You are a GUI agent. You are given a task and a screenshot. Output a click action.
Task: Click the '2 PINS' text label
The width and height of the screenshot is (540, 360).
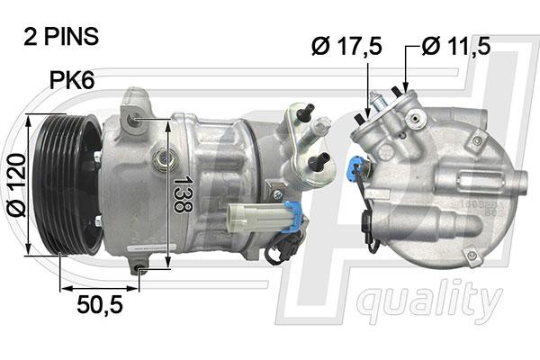[61, 37]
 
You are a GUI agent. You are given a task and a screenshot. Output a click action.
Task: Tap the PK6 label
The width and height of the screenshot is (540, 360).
[72, 80]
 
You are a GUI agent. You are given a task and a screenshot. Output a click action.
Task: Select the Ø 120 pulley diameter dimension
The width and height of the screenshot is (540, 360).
[16, 185]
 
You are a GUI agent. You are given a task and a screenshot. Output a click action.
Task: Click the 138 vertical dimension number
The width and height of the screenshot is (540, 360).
[183, 194]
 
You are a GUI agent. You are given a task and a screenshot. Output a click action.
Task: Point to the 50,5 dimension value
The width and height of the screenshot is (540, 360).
[100, 305]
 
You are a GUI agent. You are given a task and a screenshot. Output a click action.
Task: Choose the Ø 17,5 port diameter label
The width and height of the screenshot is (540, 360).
[346, 46]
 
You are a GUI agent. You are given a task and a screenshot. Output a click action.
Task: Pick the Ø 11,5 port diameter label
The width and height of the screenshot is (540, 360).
[456, 46]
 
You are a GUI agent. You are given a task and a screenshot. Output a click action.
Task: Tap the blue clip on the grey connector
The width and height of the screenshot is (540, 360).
[292, 217]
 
